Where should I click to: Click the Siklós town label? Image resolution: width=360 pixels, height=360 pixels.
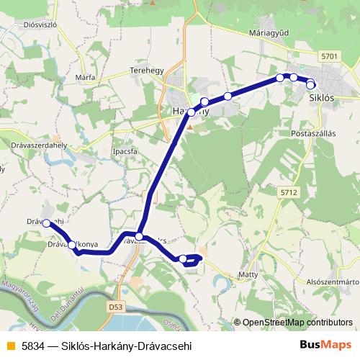pos(320,96)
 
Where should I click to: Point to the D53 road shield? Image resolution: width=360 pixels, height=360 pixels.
pos(116,307)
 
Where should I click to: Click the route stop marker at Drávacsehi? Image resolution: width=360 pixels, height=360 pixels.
pos(47,223)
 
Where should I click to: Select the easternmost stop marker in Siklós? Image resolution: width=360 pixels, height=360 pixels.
pos(310,85)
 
